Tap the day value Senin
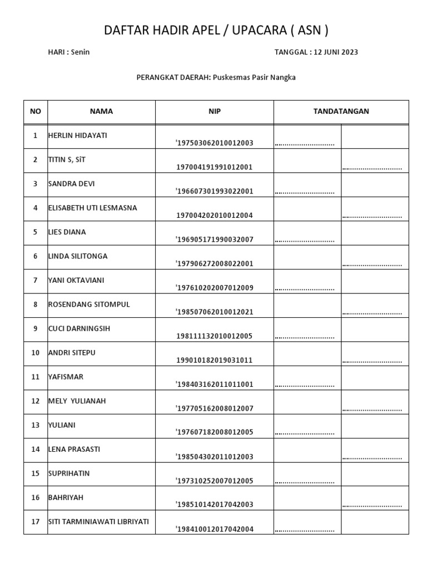click(80, 52)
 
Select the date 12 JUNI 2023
click(336, 52)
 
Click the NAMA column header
click(101, 111)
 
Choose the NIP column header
click(215, 111)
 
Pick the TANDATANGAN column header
click(341, 111)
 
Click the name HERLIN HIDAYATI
click(77, 136)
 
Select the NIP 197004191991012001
click(215, 167)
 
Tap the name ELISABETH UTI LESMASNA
click(92, 208)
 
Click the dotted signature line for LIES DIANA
click(305, 241)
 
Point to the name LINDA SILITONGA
click(78, 256)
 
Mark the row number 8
click(36, 305)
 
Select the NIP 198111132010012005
click(215, 336)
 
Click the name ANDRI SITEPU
click(71, 352)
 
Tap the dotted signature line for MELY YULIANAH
click(372, 410)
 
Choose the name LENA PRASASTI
click(74, 449)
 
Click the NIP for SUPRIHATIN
click(215, 481)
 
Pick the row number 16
click(36, 497)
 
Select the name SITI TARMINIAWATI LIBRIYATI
click(98, 521)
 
